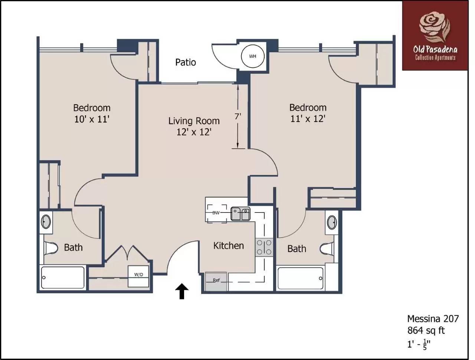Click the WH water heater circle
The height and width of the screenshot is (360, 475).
[x=252, y=56]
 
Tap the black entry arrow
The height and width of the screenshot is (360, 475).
[x=182, y=291]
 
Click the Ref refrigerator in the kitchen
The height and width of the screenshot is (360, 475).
[x=216, y=280]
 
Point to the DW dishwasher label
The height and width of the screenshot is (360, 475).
[x=216, y=213]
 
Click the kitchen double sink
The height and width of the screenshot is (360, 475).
[x=241, y=214]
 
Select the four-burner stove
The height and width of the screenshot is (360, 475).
[x=264, y=247]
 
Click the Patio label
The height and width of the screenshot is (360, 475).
[x=186, y=62]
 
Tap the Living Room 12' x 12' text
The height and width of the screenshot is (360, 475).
[x=194, y=126]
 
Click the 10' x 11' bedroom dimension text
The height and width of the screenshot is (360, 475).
[x=92, y=119]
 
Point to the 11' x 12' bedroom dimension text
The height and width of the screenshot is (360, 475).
[x=308, y=119]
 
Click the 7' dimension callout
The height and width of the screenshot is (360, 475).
[x=237, y=116]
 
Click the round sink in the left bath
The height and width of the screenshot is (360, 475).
[x=46, y=222]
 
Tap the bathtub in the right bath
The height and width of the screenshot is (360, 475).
[x=301, y=278]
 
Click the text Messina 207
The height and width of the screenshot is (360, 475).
[x=433, y=318]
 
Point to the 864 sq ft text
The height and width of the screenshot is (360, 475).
[x=426, y=330]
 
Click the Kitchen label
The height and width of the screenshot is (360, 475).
[x=229, y=245]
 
